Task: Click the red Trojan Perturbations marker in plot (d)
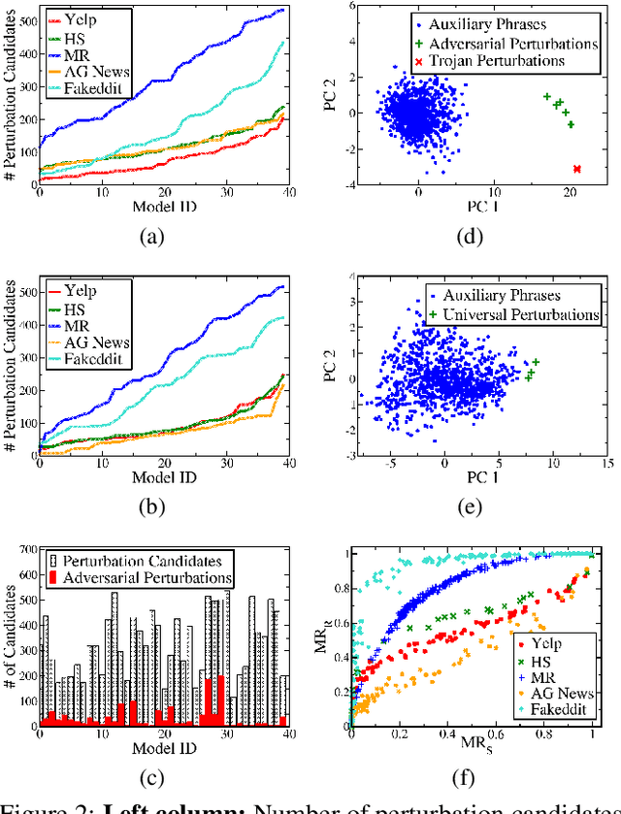tap(577, 169)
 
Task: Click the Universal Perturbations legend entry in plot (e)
tap(520, 315)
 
